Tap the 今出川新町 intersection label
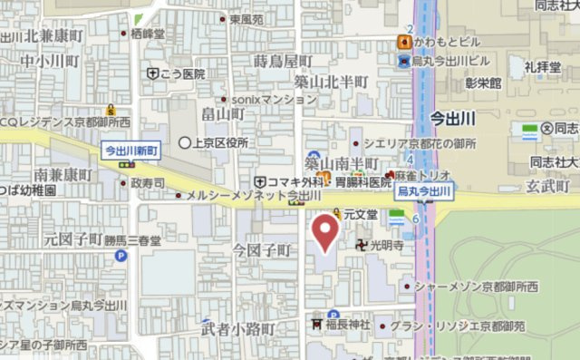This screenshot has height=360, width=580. click(x=131, y=150)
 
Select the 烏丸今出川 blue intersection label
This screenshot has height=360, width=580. click(x=424, y=192)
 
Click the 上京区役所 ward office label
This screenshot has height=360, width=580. click(x=218, y=142)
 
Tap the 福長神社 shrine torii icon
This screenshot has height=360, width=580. click(x=317, y=324)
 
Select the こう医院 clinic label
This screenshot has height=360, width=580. click(x=182, y=73)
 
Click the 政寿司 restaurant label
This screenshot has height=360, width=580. click(x=147, y=183)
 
